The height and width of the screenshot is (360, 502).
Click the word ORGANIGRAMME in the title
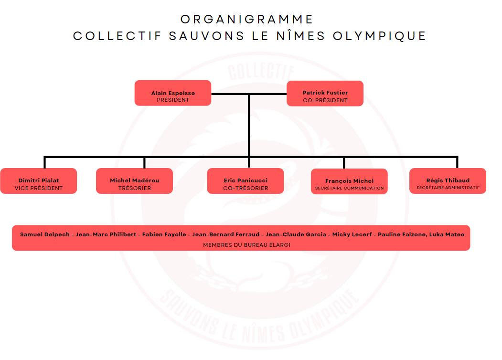[x=246, y=19]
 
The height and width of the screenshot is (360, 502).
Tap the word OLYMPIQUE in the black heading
[x=379, y=36]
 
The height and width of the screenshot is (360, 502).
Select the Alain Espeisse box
[x=173, y=93]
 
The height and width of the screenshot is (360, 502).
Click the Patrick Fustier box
[x=325, y=94]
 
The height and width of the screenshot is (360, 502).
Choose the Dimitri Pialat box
[x=39, y=181]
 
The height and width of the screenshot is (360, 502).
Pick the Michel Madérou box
[x=135, y=181]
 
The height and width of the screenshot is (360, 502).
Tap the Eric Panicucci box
[x=246, y=181]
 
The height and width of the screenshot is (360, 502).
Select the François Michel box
[x=349, y=181]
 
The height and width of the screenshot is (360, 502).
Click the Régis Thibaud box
[x=448, y=181]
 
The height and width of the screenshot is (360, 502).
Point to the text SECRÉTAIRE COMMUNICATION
[x=349, y=188]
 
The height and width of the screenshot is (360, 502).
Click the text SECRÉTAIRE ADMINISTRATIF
[x=448, y=188]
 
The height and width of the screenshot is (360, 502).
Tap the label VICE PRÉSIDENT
[x=39, y=188]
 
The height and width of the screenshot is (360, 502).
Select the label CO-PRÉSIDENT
[x=325, y=100]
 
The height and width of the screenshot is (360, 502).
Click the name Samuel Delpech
[x=45, y=234]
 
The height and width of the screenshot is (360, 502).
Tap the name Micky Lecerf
[x=352, y=234]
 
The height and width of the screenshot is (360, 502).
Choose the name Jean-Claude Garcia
[x=296, y=234]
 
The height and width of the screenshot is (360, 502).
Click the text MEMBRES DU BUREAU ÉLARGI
[x=246, y=245]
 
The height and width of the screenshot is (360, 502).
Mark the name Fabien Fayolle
[x=164, y=234]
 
